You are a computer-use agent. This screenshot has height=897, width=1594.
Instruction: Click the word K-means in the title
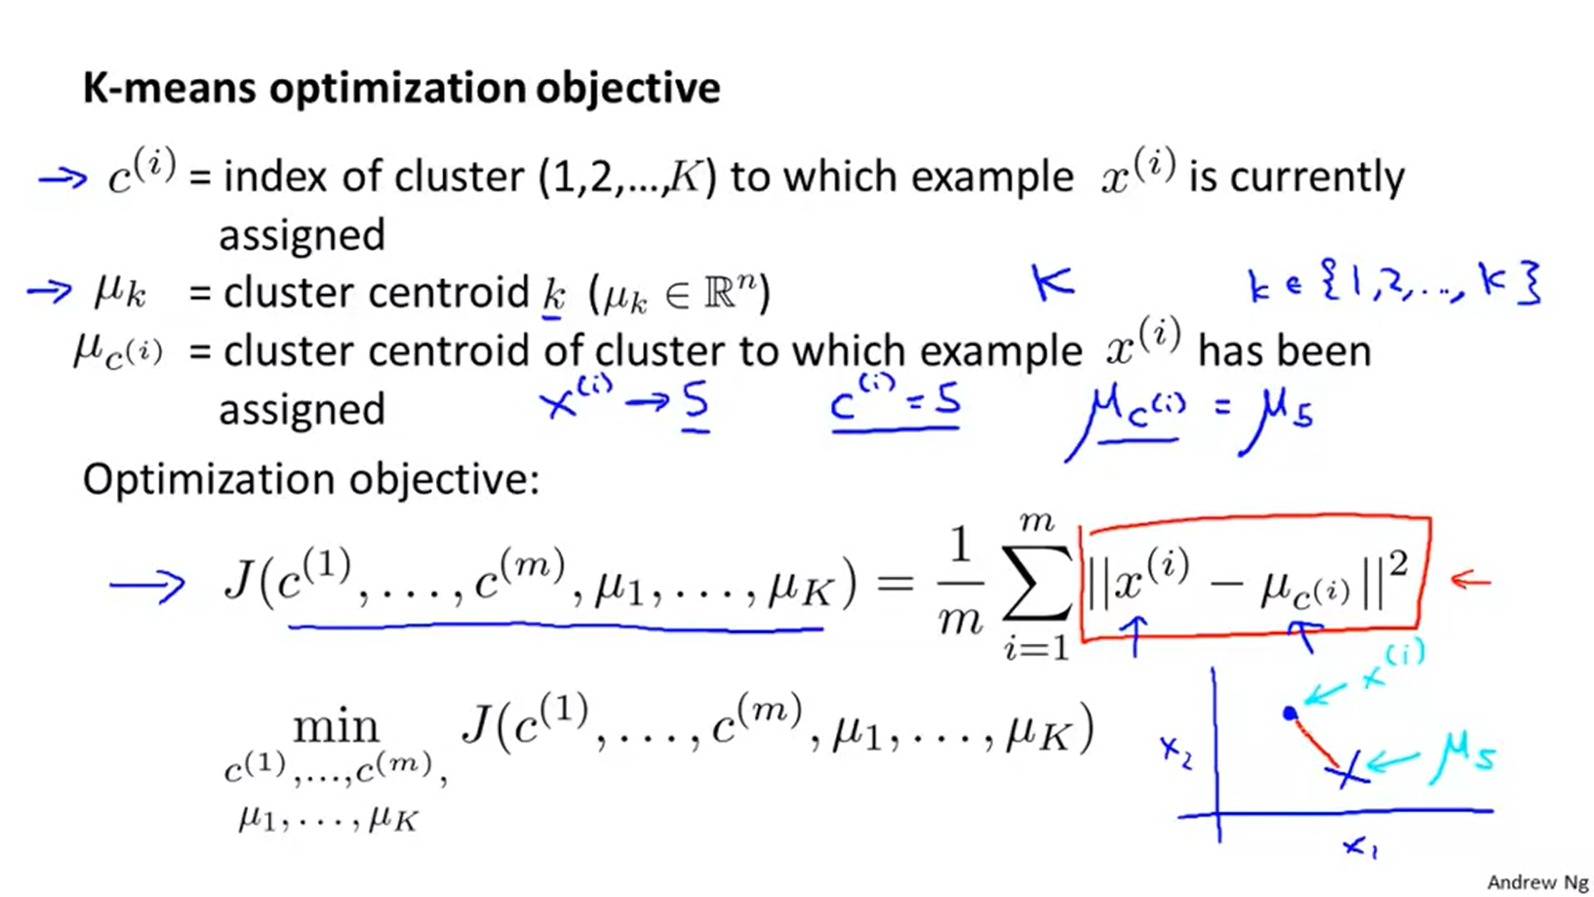click(169, 88)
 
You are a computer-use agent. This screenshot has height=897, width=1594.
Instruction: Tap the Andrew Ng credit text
click(1537, 882)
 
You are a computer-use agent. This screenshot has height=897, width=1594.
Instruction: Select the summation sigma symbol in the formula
click(1037, 583)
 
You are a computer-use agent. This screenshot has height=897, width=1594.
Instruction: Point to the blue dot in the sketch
click(1289, 713)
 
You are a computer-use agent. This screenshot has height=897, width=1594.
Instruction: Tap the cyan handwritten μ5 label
click(1464, 757)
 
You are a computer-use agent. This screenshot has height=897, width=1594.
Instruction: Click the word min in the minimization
click(335, 728)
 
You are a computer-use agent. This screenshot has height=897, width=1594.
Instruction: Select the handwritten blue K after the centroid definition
click(1053, 282)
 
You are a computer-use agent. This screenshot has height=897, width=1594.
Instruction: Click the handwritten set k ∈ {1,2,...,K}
click(1394, 285)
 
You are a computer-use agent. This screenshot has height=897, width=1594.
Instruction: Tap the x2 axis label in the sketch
click(1176, 752)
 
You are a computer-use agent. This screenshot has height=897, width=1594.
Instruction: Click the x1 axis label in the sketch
click(1360, 847)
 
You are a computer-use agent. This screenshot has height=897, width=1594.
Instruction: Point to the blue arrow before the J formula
click(147, 586)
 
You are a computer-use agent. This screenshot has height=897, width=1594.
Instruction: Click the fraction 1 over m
click(960, 584)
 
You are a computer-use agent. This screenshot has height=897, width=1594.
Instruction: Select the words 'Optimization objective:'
click(311, 479)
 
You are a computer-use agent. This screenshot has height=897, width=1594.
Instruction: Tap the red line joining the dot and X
click(1315, 740)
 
